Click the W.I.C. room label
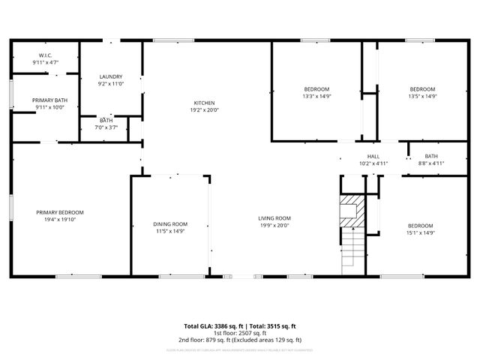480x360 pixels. [x=45, y=55]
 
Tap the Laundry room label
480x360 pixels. [x=111, y=76]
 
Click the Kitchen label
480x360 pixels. [x=205, y=103]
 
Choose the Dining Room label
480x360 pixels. [x=170, y=224]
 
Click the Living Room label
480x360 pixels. [x=274, y=218]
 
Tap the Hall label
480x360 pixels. [x=373, y=156]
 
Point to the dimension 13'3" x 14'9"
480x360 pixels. [x=316, y=96]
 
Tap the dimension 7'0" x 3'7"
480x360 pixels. [x=106, y=127]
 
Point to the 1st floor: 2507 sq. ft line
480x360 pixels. [x=240, y=334]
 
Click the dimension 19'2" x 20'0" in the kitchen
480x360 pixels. [x=205, y=110]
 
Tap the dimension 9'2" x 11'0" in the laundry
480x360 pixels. [x=111, y=84]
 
